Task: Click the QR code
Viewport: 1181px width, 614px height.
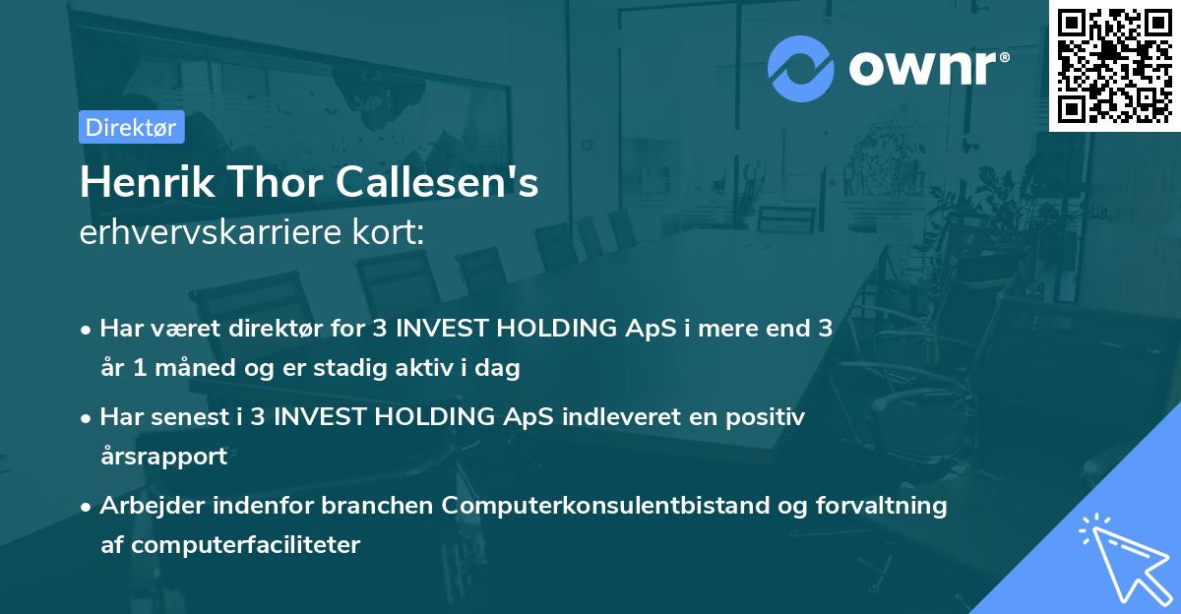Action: [x=1114, y=65]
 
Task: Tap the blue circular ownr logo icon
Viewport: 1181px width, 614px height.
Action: [x=800, y=69]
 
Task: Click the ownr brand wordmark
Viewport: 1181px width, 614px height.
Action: [x=928, y=68]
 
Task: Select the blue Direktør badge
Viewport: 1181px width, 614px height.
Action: [x=132, y=127]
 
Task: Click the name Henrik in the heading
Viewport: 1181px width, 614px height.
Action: [x=148, y=182]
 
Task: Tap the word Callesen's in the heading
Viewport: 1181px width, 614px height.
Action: [x=437, y=182]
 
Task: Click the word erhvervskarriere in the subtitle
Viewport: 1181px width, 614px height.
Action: [x=211, y=232]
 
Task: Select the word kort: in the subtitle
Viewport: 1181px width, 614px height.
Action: [x=389, y=232]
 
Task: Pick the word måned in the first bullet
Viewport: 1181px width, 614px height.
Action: [x=195, y=367]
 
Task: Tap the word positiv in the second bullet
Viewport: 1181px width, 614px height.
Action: [x=765, y=417]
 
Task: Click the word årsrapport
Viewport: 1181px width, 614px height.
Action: [x=164, y=457]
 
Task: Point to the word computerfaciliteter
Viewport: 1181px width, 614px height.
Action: [x=246, y=545]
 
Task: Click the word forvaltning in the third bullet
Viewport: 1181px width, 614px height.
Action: [x=882, y=506]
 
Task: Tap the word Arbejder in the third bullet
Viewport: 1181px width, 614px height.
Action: [x=152, y=506]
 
